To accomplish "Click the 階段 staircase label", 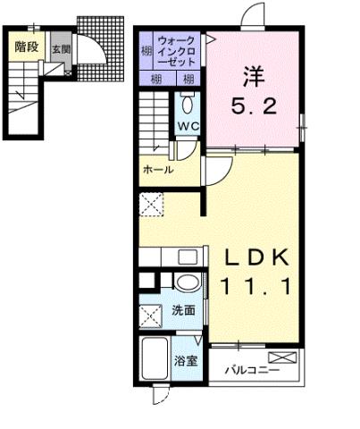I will [26, 46].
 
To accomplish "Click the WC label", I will [188, 125].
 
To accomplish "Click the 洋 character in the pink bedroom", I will [253, 75].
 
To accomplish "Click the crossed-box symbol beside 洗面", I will [150, 315].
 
